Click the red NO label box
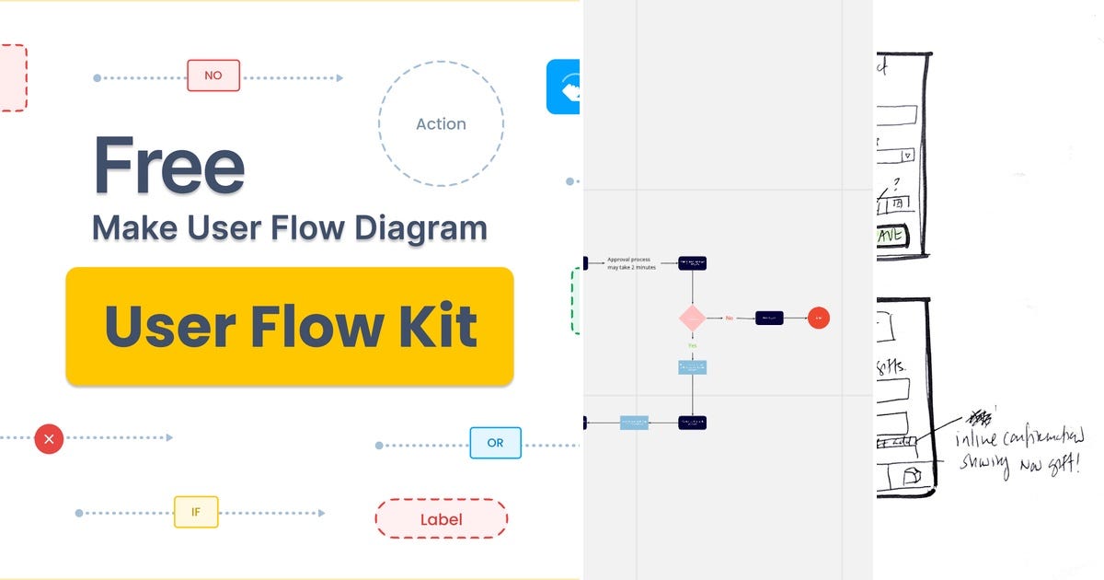(213, 75)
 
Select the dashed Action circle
(441, 123)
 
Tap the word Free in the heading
(168, 166)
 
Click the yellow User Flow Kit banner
(290, 326)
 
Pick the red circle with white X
(49, 439)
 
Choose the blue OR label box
(495, 443)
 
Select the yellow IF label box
(196, 512)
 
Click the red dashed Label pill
(441, 518)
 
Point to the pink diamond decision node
(692, 318)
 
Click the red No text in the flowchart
(730, 318)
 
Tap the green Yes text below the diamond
(692, 345)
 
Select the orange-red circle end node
(818, 318)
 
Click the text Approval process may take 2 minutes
(630, 263)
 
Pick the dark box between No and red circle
(769, 318)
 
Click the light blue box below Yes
(692, 367)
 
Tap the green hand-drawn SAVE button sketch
(891, 237)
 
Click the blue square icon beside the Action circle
(563, 87)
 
